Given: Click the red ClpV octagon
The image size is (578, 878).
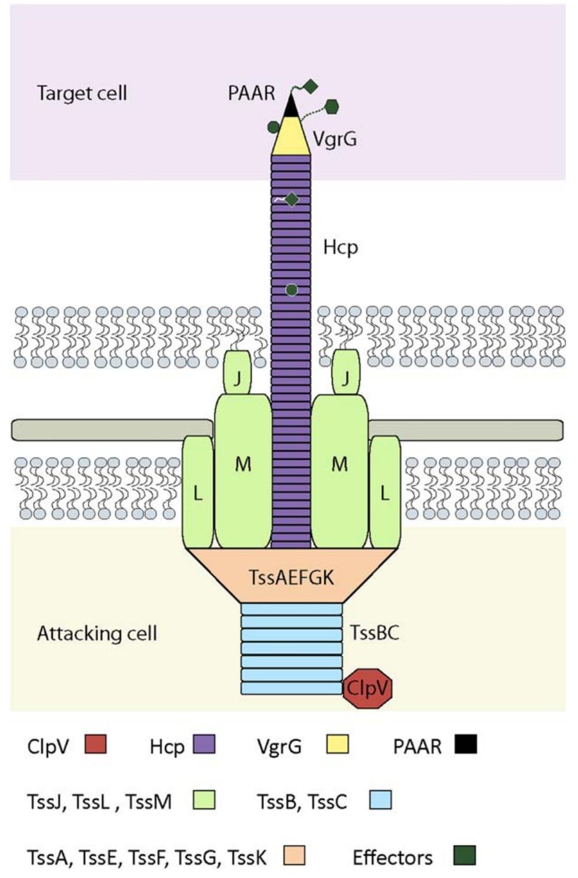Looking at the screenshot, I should coord(368,688).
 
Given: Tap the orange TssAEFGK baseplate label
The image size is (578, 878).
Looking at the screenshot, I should coord(291,577).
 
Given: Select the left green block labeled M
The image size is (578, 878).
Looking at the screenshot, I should coord(243,470).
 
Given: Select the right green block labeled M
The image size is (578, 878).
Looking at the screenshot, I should coord(339,470).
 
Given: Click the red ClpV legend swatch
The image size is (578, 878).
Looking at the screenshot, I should coord(95,744).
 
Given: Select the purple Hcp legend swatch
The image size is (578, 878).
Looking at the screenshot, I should coord(204,744).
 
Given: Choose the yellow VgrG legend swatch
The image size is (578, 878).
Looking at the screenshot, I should coord(338,744).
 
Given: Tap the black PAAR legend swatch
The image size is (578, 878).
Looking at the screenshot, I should coord(466,744).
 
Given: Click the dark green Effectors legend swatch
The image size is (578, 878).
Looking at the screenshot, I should coord(465,856).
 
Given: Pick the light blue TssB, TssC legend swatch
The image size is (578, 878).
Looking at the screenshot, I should coord(380,800).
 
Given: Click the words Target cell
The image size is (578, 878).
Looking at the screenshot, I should coord(82,94).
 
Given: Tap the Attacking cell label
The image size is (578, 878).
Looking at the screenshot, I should coord(97,633).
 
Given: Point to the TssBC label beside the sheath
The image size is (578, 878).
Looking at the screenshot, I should coord(375,633).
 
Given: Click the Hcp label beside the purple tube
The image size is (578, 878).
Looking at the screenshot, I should coord(340,247).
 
